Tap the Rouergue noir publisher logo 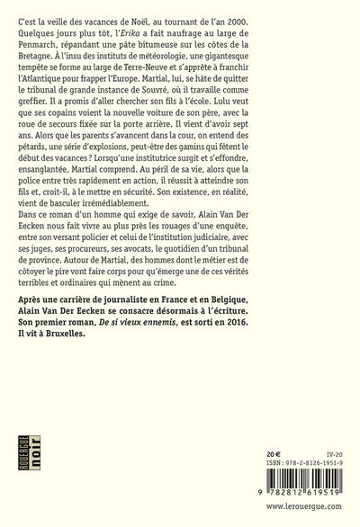(x=32, y=482)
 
